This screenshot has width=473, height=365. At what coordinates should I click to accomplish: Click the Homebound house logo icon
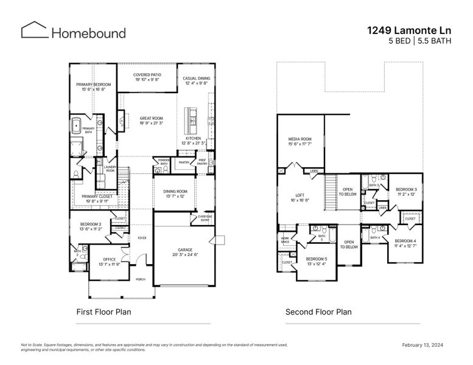34,30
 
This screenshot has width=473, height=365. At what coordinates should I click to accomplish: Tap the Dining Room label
175,194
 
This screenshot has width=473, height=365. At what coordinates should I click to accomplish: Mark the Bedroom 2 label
91,226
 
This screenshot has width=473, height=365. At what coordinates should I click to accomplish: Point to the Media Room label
300,141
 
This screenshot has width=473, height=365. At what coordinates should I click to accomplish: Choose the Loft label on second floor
299,197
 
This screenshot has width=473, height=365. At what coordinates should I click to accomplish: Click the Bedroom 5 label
317,261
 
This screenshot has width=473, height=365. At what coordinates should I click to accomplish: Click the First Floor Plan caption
103,312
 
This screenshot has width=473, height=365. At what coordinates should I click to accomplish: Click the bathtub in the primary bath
77,127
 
